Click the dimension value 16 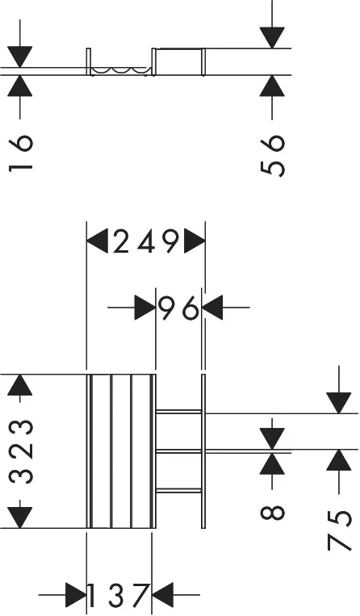coord(20,153)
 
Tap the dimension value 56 coord(272,156)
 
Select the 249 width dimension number coord(146,241)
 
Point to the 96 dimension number coord(179,308)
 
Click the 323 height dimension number coord(20,452)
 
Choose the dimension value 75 coord(339,530)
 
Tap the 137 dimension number coord(119,596)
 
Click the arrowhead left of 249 coord(97,241)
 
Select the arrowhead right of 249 coord(195,241)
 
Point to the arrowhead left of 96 coord(145,308)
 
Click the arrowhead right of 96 coord(212,308)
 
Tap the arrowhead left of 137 coord(76,595)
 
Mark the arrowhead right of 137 coord(162,595)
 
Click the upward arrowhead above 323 coord(20,385)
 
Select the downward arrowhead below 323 coord(20,518)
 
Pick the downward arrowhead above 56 coord(272,38)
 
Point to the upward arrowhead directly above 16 coord(20,86)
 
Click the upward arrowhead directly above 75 coord(339,460)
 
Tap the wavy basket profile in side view coord(120,71)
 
